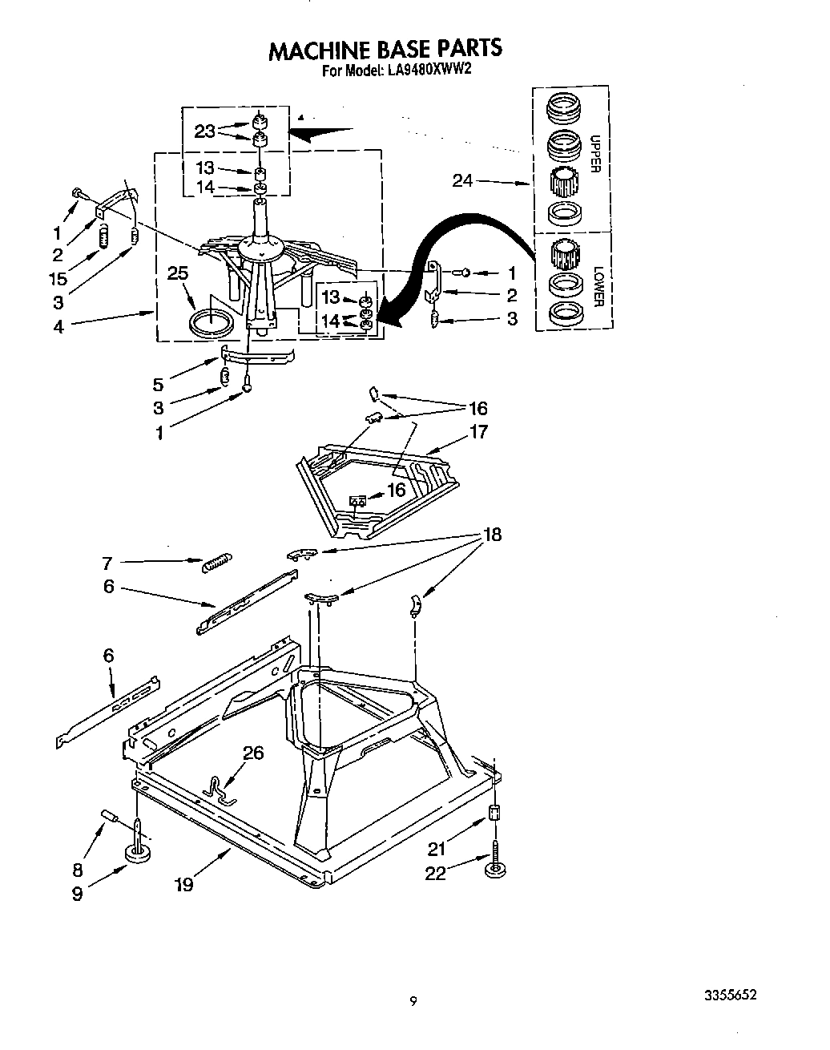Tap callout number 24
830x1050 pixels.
(463, 181)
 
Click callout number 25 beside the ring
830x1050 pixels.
(178, 274)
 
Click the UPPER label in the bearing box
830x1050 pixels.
(595, 153)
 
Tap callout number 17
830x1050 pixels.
(479, 432)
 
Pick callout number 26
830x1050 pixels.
(253, 753)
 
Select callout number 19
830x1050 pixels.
(184, 885)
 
